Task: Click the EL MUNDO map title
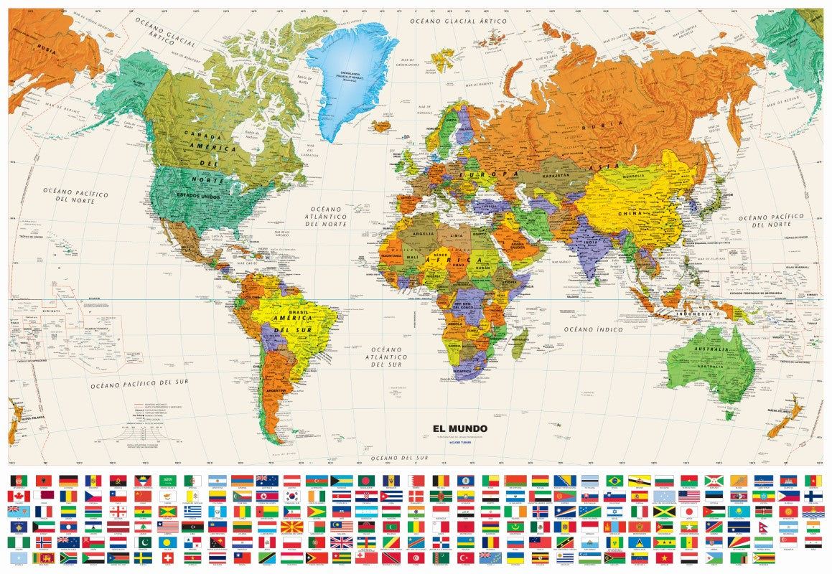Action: (x=459, y=429)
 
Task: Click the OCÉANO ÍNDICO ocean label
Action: (x=592, y=329)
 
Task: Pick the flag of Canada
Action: (x=19, y=496)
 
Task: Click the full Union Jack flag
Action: (x=341, y=542)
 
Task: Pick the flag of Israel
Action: (x=614, y=512)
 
